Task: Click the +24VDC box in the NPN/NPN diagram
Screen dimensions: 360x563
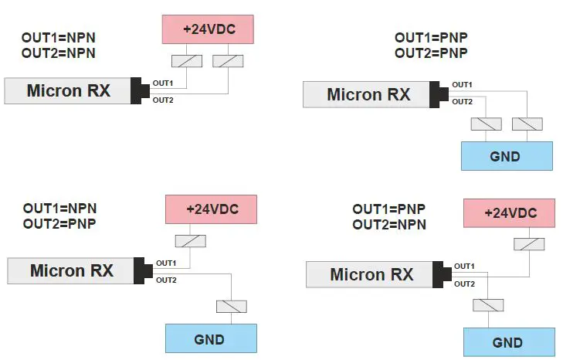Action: click(209, 29)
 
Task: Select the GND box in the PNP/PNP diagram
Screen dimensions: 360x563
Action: click(506, 156)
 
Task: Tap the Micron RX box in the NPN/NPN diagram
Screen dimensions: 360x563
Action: click(68, 91)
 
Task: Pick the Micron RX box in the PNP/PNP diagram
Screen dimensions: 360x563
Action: click(368, 95)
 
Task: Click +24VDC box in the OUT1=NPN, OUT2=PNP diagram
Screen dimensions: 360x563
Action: click(211, 209)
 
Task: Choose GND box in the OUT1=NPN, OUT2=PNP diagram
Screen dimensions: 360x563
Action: click(210, 339)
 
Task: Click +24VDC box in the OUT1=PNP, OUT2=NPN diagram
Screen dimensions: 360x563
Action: click(509, 213)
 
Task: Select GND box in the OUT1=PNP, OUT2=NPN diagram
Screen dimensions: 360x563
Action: click(508, 342)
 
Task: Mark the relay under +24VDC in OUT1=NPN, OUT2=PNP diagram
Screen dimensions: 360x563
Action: click(191, 241)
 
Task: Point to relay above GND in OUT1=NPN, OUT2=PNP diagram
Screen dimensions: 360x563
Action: click(232, 306)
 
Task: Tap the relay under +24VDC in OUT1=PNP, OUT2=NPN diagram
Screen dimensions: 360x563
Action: click(529, 244)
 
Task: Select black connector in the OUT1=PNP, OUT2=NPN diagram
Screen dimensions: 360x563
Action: click(442, 274)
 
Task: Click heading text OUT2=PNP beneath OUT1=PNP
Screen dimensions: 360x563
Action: click(431, 53)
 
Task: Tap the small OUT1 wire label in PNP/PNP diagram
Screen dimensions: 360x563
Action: click(462, 84)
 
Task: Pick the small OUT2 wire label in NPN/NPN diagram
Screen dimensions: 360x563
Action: click(162, 100)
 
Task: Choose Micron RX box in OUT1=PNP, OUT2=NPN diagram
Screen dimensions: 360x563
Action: click(371, 274)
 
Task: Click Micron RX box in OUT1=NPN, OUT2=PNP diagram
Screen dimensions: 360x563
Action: click(71, 271)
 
